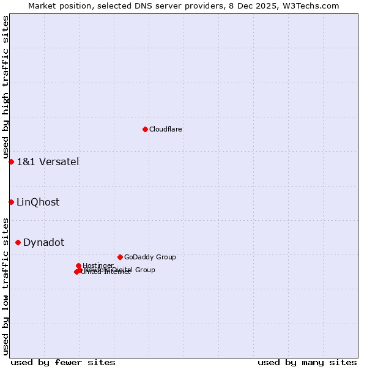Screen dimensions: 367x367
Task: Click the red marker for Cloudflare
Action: pos(145,129)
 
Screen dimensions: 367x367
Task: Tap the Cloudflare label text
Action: pos(165,129)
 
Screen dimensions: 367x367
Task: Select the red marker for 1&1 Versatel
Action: pos(11,161)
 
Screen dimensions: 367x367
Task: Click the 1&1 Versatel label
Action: pos(48,161)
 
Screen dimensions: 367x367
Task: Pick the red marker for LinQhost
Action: pos(11,202)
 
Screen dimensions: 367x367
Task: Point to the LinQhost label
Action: pos(38,202)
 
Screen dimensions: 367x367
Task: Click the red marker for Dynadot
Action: pos(18,242)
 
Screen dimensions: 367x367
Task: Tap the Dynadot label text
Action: pos(43,242)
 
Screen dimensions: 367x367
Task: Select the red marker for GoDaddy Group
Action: pos(120,257)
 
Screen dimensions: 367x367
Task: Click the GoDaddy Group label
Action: pos(150,257)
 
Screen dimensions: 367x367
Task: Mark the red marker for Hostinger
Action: pos(78,265)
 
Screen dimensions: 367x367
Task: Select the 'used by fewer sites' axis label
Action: pos(63,362)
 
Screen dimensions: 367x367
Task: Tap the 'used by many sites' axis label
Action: pos(307,362)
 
